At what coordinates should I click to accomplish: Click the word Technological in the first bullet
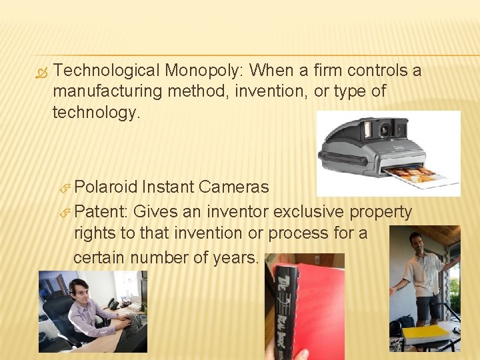pyautogui.click(x=106, y=70)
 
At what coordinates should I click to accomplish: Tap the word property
pyautogui.click(x=381, y=212)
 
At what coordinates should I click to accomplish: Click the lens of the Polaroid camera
pyautogui.click(x=384, y=127)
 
